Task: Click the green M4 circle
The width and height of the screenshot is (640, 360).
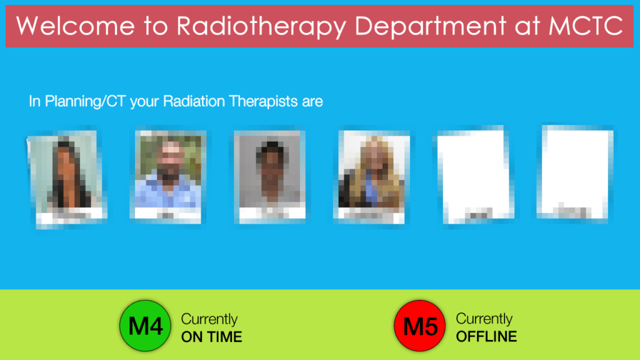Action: click(x=145, y=326)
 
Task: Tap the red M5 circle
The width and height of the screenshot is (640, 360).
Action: click(x=420, y=326)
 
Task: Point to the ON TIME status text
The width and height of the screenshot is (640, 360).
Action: click(x=211, y=337)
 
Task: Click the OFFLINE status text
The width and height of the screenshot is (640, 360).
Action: click(x=486, y=337)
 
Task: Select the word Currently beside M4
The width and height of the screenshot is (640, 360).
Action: click(x=209, y=319)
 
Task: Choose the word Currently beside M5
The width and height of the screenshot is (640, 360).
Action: click(x=484, y=319)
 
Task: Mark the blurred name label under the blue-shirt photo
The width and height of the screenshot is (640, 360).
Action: click(x=167, y=214)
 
